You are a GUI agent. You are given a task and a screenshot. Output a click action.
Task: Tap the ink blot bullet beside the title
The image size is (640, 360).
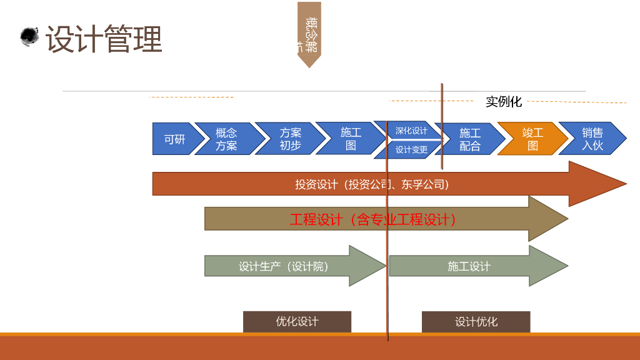point(29,37)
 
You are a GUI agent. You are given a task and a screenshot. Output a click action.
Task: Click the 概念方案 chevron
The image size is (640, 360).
point(226,139)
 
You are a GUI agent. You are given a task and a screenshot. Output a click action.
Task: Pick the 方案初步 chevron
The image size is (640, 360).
point(290,139)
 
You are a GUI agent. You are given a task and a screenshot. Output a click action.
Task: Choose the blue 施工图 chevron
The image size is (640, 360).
point(351,139)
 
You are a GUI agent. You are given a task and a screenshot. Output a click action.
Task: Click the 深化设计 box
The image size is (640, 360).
point(411,131)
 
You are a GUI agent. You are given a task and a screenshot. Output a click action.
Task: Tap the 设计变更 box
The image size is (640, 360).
point(411,149)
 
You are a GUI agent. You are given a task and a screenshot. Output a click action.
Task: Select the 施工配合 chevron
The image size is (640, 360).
point(470,139)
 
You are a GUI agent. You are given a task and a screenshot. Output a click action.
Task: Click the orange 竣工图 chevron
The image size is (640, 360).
point(532,139)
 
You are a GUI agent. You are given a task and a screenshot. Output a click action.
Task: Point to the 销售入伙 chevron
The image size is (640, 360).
point(592,139)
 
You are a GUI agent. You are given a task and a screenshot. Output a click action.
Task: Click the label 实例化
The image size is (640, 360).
point(503,102)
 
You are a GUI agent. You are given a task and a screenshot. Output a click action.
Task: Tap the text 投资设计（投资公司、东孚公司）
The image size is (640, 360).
point(372,184)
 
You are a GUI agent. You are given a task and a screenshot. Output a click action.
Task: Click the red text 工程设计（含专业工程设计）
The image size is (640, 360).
point(373,219)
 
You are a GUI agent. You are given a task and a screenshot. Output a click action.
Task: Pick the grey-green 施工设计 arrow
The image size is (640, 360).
point(469,266)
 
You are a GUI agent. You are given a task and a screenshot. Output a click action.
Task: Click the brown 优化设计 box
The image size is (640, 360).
point(297,321)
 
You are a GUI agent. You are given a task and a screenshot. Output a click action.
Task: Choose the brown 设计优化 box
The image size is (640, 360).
point(476,322)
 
